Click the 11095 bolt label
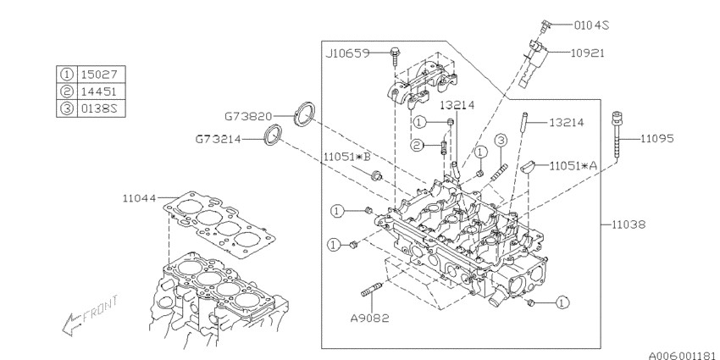click(657, 137)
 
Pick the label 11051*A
click(576, 165)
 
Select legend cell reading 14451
click(98, 91)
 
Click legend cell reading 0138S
click(98, 108)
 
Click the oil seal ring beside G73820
click(303, 113)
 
